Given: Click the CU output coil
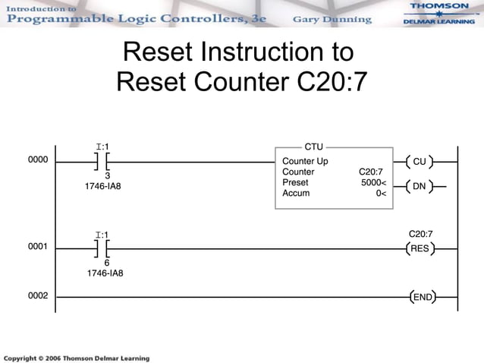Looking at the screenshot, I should click(420, 161).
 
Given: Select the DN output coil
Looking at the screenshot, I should click(420, 186).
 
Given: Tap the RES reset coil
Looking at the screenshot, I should click(420, 248).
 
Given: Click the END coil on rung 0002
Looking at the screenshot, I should click(422, 297).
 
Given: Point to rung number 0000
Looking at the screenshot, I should click(39, 160).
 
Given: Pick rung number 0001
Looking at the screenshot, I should click(39, 248).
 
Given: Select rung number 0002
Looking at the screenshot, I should click(39, 296).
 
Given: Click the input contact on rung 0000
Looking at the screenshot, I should click(103, 161).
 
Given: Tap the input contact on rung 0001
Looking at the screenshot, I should click(103, 248).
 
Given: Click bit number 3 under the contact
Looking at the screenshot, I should click(108, 175).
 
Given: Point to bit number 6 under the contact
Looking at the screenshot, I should click(108, 263).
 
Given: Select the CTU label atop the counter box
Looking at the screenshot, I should click(314, 146).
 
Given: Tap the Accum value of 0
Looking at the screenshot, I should click(379, 194).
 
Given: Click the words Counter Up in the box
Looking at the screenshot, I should click(305, 161).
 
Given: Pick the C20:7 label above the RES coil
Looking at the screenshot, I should click(421, 235).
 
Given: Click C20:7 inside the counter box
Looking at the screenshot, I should click(372, 172).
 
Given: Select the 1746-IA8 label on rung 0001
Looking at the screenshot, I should click(102, 273).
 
